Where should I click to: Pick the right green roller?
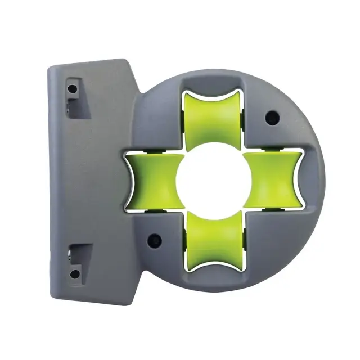(x=272, y=178)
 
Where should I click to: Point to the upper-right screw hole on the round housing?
(x=272, y=117)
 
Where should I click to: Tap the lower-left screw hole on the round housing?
(x=154, y=240)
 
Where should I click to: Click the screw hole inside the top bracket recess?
(x=72, y=89)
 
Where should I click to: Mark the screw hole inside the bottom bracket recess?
(x=74, y=274)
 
